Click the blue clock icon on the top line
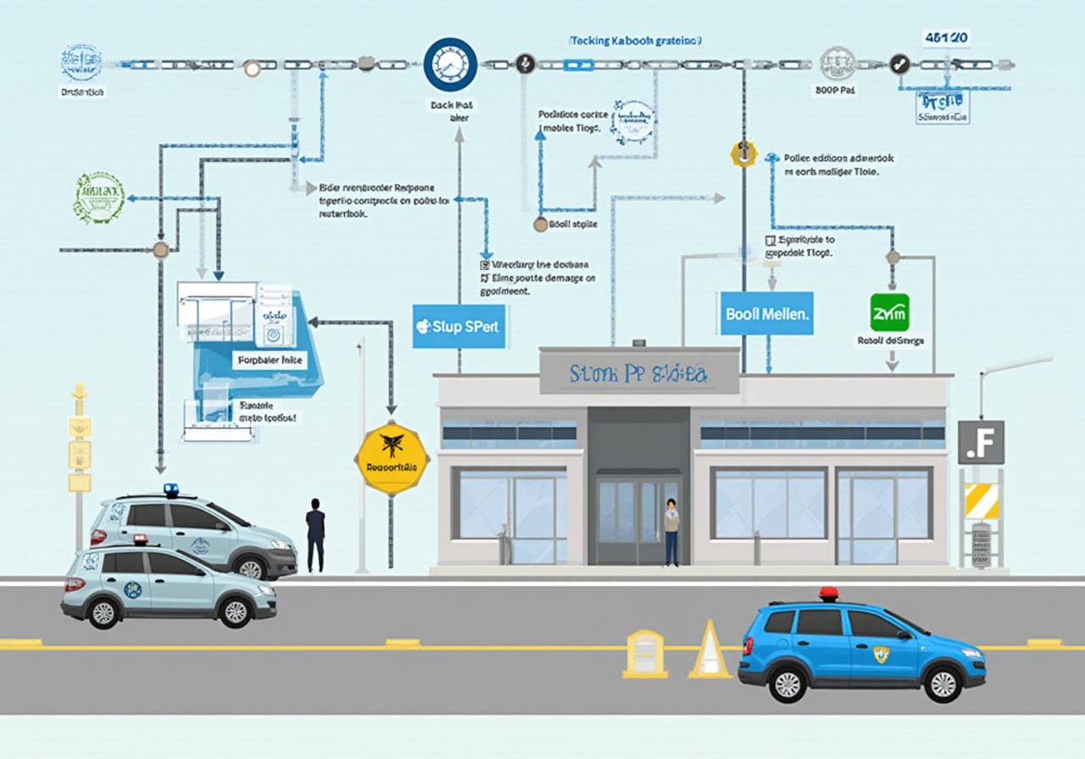(x=450, y=64)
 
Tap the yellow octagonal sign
(x=392, y=458)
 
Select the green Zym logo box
(x=889, y=313)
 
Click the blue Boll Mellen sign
(x=766, y=313)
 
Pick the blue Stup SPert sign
(x=459, y=326)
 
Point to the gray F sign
(x=981, y=442)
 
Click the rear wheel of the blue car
(x=787, y=683)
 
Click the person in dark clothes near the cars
(x=315, y=535)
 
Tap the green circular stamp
(x=100, y=197)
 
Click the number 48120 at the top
(x=947, y=38)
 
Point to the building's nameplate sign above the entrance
(x=639, y=374)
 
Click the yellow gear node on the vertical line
(x=743, y=154)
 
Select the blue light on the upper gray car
(x=171, y=490)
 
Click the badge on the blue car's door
(x=882, y=654)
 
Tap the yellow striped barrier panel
(x=982, y=501)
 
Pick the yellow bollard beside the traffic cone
(x=645, y=653)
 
